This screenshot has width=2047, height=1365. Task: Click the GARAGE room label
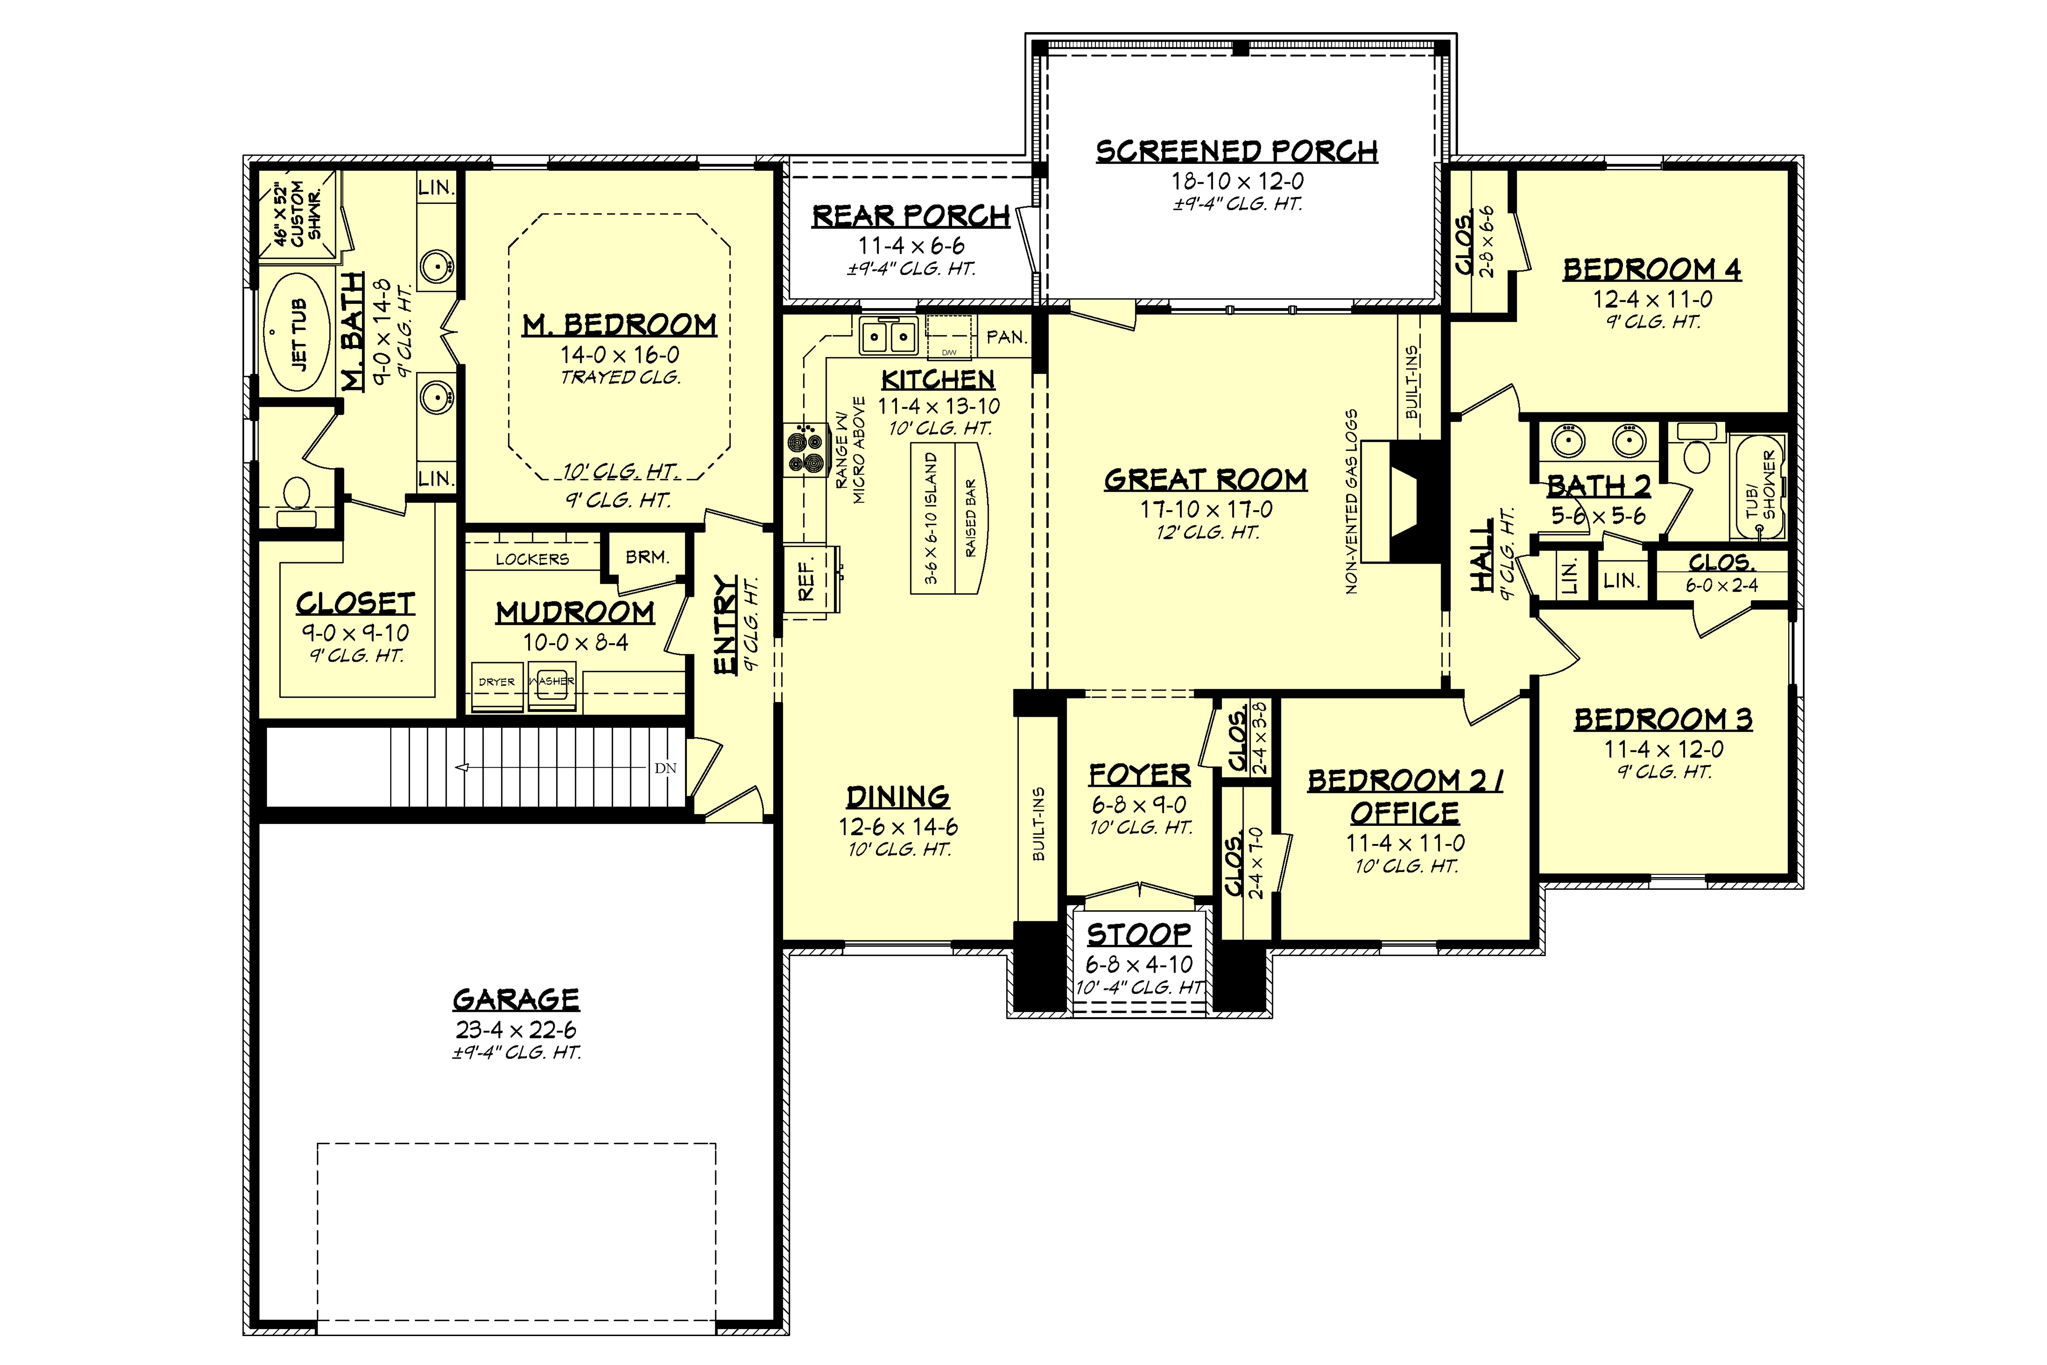click(x=516, y=999)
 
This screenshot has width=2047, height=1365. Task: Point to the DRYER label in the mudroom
click(x=497, y=682)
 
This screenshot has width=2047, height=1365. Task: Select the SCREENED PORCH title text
click(x=1237, y=151)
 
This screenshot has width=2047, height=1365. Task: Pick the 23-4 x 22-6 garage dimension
click(x=516, y=1030)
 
